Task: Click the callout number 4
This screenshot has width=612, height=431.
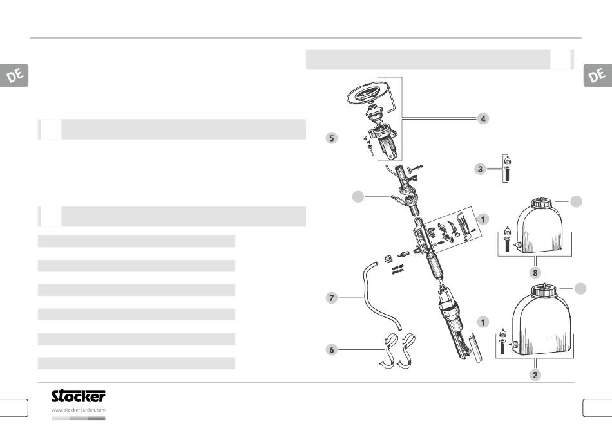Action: pos(483,118)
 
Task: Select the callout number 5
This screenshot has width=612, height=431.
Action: pos(332,138)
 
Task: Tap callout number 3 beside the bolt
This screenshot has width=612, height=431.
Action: pos(480,169)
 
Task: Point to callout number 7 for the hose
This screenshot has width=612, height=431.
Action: pos(331,298)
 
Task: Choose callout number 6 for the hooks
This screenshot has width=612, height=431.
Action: pos(332,349)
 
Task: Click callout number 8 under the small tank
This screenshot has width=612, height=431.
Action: pos(535,273)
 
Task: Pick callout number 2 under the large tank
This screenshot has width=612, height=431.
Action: pos(535,375)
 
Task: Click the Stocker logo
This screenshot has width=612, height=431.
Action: pos(79,396)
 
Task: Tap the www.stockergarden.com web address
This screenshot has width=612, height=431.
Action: pos(79,410)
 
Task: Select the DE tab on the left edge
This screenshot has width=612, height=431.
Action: pos(14,75)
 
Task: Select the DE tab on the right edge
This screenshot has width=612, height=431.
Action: pos(598,75)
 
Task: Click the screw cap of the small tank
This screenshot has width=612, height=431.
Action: pos(541,203)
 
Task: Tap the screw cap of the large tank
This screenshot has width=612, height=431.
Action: pos(544,291)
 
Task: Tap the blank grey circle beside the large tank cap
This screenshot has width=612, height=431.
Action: pos(580,288)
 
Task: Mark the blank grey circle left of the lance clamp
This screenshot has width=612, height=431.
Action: pos(358,197)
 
